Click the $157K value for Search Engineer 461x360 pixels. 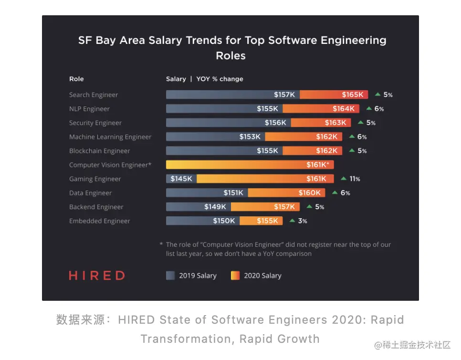(x=284, y=95)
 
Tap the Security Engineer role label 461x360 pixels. (x=95, y=123)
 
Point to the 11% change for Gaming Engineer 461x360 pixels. (x=355, y=179)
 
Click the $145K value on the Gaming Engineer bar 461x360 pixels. (x=181, y=179)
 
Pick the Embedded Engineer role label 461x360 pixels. (x=99, y=221)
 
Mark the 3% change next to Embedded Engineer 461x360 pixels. (x=303, y=221)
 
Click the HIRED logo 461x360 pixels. (x=97, y=275)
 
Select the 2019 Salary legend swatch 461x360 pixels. (x=170, y=275)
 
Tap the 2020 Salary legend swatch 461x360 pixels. (x=235, y=275)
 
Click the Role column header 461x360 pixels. (x=76, y=79)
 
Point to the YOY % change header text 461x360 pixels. (x=220, y=79)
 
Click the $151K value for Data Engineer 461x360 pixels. (x=234, y=193)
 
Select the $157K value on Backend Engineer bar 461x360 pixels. (x=284, y=207)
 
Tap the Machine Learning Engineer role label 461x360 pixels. (x=110, y=137)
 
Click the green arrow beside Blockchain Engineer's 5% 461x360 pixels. (x=352, y=150)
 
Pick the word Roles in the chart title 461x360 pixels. (x=230, y=55)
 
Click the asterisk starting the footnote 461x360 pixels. (x=161, y=244)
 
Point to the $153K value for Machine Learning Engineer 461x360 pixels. (x=250, y=137)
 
